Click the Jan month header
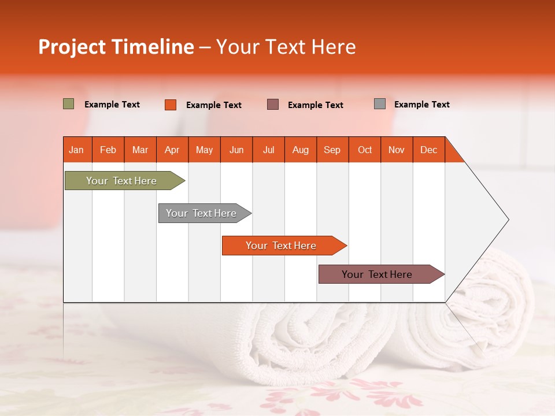point(76,150)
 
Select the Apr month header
point(172,150)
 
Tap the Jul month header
point(268,150)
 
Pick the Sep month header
point(332,150)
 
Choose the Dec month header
point(428,150)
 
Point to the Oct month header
point(365,150)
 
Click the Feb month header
point(108,150)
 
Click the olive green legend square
point(69,104)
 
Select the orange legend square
point(171,105)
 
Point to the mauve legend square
point(273,104)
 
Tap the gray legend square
point(380,104)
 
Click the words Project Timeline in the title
point(116,47)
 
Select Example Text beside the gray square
point(421,105)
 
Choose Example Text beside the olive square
point(112,105)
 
